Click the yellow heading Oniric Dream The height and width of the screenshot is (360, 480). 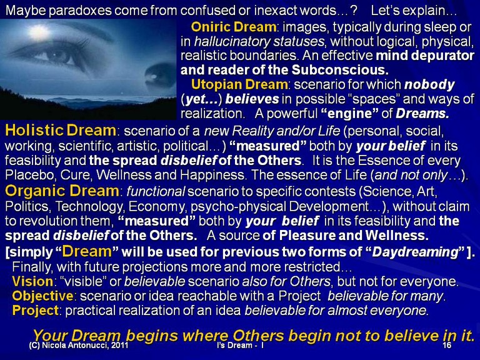pyautogui.click(x=233, y=27)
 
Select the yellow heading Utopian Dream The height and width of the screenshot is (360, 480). pyautogui.click(x=239, y=84)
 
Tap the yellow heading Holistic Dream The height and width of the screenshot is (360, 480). pyautogui.click(x=61, y=131)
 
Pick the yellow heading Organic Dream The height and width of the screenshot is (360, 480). pyautogui.click(x=62, y=191)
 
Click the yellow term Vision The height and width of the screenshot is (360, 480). pyautogui.click(x=32, y=281)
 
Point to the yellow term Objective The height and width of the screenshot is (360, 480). pyautogui.click(x=42, y=296)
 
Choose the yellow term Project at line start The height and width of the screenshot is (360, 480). pyautogui.click(x=35, y=311)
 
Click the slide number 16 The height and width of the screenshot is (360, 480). pyautogui.click(x=447, y=345)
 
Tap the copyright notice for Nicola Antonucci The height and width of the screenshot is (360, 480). pyautogui.click(x=78, y=346)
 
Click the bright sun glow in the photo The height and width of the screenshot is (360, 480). pyautogui.click(x=39, y=31)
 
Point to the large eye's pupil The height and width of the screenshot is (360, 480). pyautogui.click(x=57, y=55)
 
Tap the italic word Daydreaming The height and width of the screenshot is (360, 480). pyautogui.click(x=415, y=252)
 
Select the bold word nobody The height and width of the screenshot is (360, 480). pyautogui.click(x=429, y=85)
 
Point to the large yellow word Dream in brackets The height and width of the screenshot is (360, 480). pyautogui.click(x=87, y=251)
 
